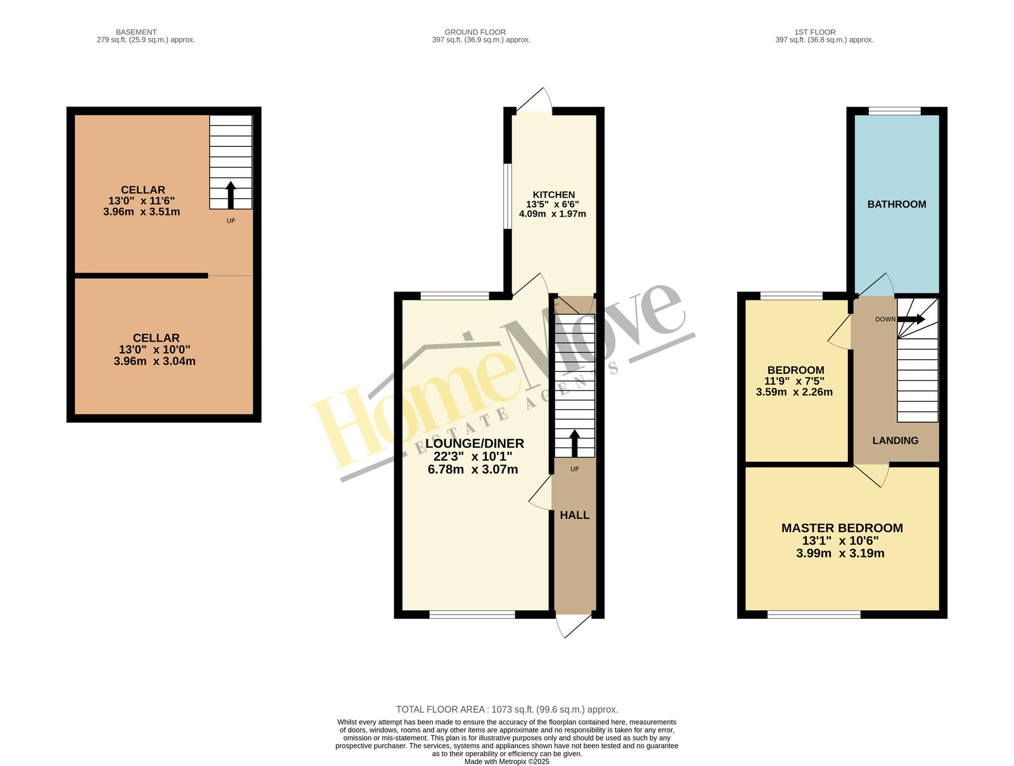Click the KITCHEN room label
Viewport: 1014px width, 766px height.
(x=553, y=195)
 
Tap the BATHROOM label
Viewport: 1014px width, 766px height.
(x=896, y=204)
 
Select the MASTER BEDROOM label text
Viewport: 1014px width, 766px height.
(x=842, y=528)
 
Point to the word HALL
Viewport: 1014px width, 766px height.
(x=574, y=515)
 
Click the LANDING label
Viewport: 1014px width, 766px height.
(x=895, y=440)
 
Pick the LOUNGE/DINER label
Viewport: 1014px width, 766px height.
(x=475, y=444)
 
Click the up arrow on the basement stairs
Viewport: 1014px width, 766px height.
(x=231, y=195)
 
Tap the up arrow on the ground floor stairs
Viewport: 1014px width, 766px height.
(x=574, y=444)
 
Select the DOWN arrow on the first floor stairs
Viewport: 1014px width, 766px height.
(x=911, y=319)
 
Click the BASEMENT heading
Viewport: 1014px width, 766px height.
(x=136, y=32)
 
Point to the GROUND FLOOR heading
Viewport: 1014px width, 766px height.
(x=475, y=32)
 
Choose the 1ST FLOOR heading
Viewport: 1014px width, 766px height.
(x=815, y=32)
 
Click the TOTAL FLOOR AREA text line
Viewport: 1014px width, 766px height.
(x=507, y=710)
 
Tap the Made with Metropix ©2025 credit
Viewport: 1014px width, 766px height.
(x=507, y=762)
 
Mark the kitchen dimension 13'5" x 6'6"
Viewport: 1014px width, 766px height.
(x=553, y=204)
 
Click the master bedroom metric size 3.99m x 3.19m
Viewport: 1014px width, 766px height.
(x=840, y=553)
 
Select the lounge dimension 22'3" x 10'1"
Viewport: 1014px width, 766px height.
(x=473, y=456)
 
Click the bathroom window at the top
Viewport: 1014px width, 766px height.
(x=894, y=111)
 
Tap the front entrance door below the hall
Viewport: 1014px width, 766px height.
(x=574, y=625)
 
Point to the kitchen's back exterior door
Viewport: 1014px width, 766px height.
(x=534, y=100)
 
